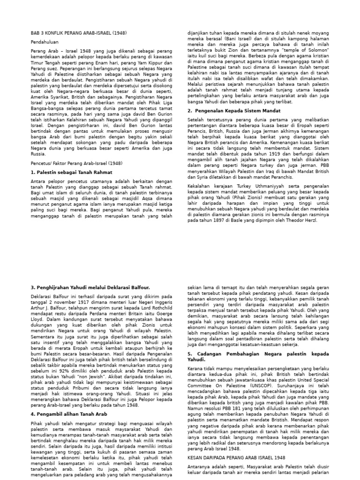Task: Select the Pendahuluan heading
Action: [x=43, y=42]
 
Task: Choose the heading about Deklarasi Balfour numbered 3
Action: [x=90, y=286]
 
